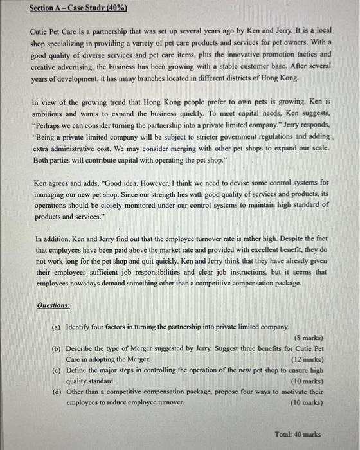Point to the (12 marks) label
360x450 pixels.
point(307,360)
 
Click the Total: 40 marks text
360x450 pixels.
point(297,434)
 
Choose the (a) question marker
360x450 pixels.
point(56,327)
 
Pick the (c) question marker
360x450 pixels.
point(56,371)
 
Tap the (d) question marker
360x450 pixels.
point(56,392)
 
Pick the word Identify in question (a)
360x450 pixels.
point(80,327)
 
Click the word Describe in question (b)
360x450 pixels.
point(81,349)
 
